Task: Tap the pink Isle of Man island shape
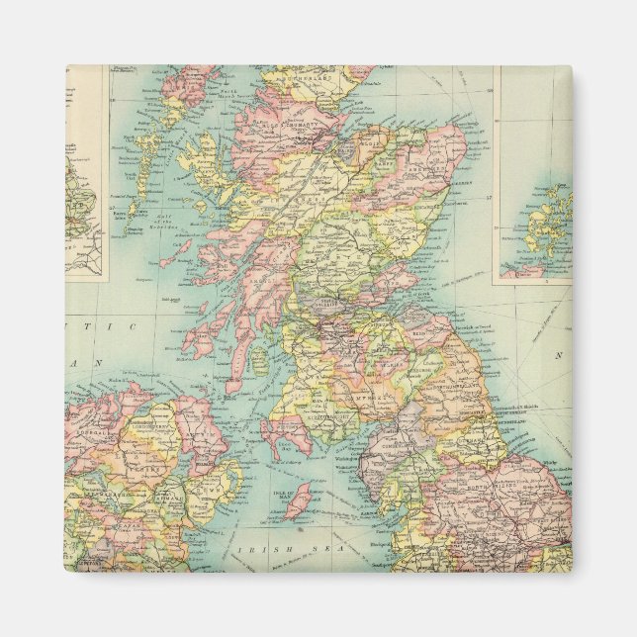point(298,500)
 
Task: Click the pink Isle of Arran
point(260,361)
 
